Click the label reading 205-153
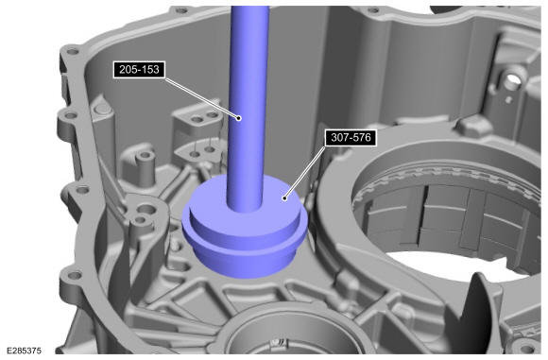coord(139,70)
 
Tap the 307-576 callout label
coord(351,137)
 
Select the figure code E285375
coord(25,351)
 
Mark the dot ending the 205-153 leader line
coord(239,118)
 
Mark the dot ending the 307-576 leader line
coord(284,198)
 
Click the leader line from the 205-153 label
coord(201,98)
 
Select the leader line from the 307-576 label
coord(304,172)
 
